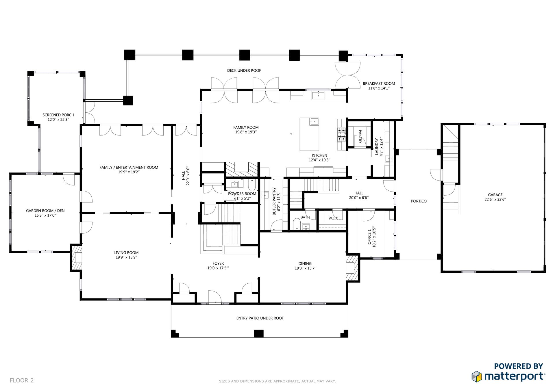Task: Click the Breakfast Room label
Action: [x=379, y=83]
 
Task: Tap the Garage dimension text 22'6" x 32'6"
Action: [x=495, y=199]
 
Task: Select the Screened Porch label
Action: [x=58, y=115]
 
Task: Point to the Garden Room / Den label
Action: [x=45, y=211]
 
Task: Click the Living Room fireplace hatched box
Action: [x=76, y=258]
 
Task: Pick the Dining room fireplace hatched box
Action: [x=352, y=267]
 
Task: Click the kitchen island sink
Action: [x=314, y=121]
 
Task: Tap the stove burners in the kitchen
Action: [x=341, y=135]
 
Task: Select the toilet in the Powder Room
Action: [x=252, y=184]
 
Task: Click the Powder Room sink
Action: [x=234, y=184]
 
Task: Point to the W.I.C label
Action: [x=333, y=218]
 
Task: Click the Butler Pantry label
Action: [x=274, y=201]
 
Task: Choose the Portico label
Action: [x=419, y=201]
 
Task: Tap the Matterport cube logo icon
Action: [x=477, y=376]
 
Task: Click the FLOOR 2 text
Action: [x=22, y=380]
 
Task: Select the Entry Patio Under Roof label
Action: [x=260, y=318]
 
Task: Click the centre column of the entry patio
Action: [x=259, y=333]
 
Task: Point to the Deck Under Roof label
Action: [x=244, y=70]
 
